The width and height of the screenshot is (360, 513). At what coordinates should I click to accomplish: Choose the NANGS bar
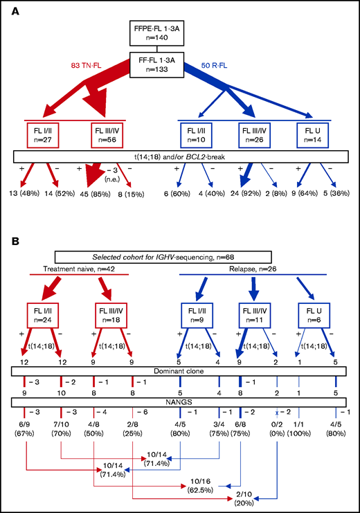(180, 400)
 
